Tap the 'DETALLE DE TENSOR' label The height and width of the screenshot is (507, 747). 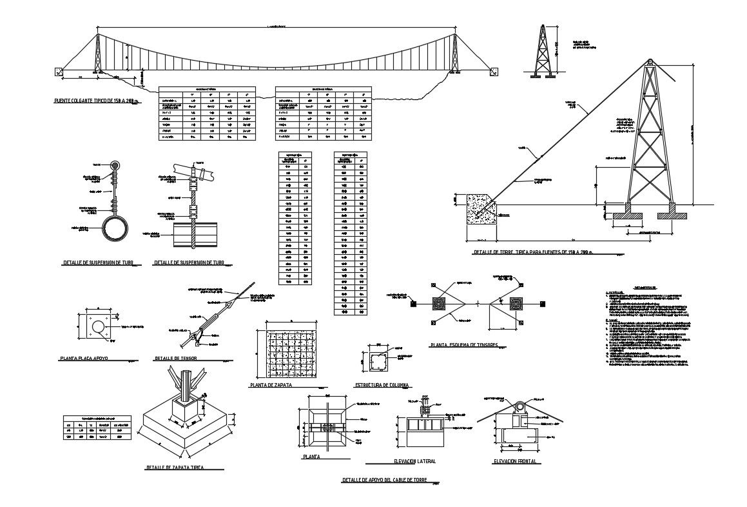pyautogui.click(x=176, y=357)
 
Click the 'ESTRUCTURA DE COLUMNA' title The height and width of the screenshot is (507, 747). pyautogui.click(x=382, y=385)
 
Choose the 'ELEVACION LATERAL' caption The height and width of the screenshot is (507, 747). pyautogui.click(x=414, y=461)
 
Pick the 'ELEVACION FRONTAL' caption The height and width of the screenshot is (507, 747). pyautogui.click(x=514, y=461)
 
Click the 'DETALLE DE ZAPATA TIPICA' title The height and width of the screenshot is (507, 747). pyautogui.click(x=175, y=467)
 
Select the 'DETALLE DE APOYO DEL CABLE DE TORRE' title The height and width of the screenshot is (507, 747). pyautogui.click(x=384, y=481)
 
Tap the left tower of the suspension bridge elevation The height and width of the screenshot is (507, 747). pyautogui.click(x=97, y=54)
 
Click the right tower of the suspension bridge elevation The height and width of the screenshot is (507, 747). pyautogui.click(x=456, y=54)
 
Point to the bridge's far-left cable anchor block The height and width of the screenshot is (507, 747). pyautogui.click(x=60, y=71)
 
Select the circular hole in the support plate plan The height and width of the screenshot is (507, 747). pyautogui.click(x=98, y=328)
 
